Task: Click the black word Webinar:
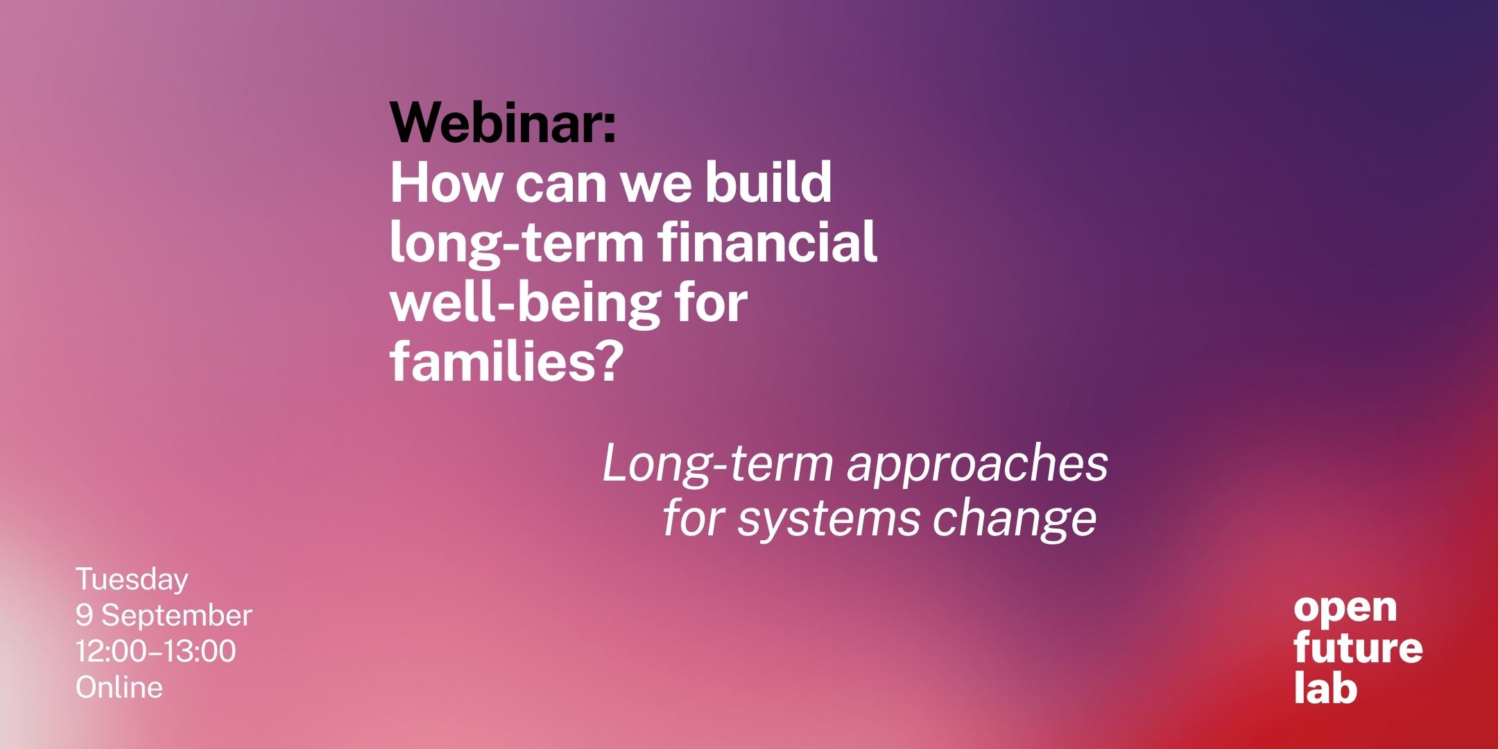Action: [x=503, y=122]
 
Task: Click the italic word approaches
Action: [x=977, y=466]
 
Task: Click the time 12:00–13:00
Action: [x=156, y=651]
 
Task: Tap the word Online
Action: [x=119, y=687]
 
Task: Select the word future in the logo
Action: [x=1358, y=648]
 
